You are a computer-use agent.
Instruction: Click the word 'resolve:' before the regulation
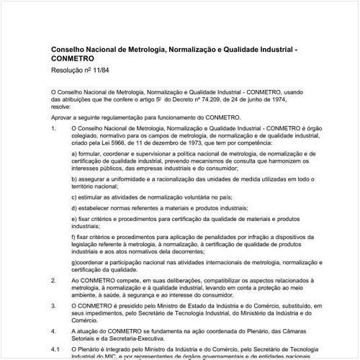pyautogui.click(x=63, y=105)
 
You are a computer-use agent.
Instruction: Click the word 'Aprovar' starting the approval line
pyautogui.click(x=63, y=116)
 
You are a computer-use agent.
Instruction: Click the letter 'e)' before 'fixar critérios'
pyautogui.click(x=75, y=218)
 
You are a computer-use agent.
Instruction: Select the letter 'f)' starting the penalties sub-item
pyautogui.click(x=74, y=235)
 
